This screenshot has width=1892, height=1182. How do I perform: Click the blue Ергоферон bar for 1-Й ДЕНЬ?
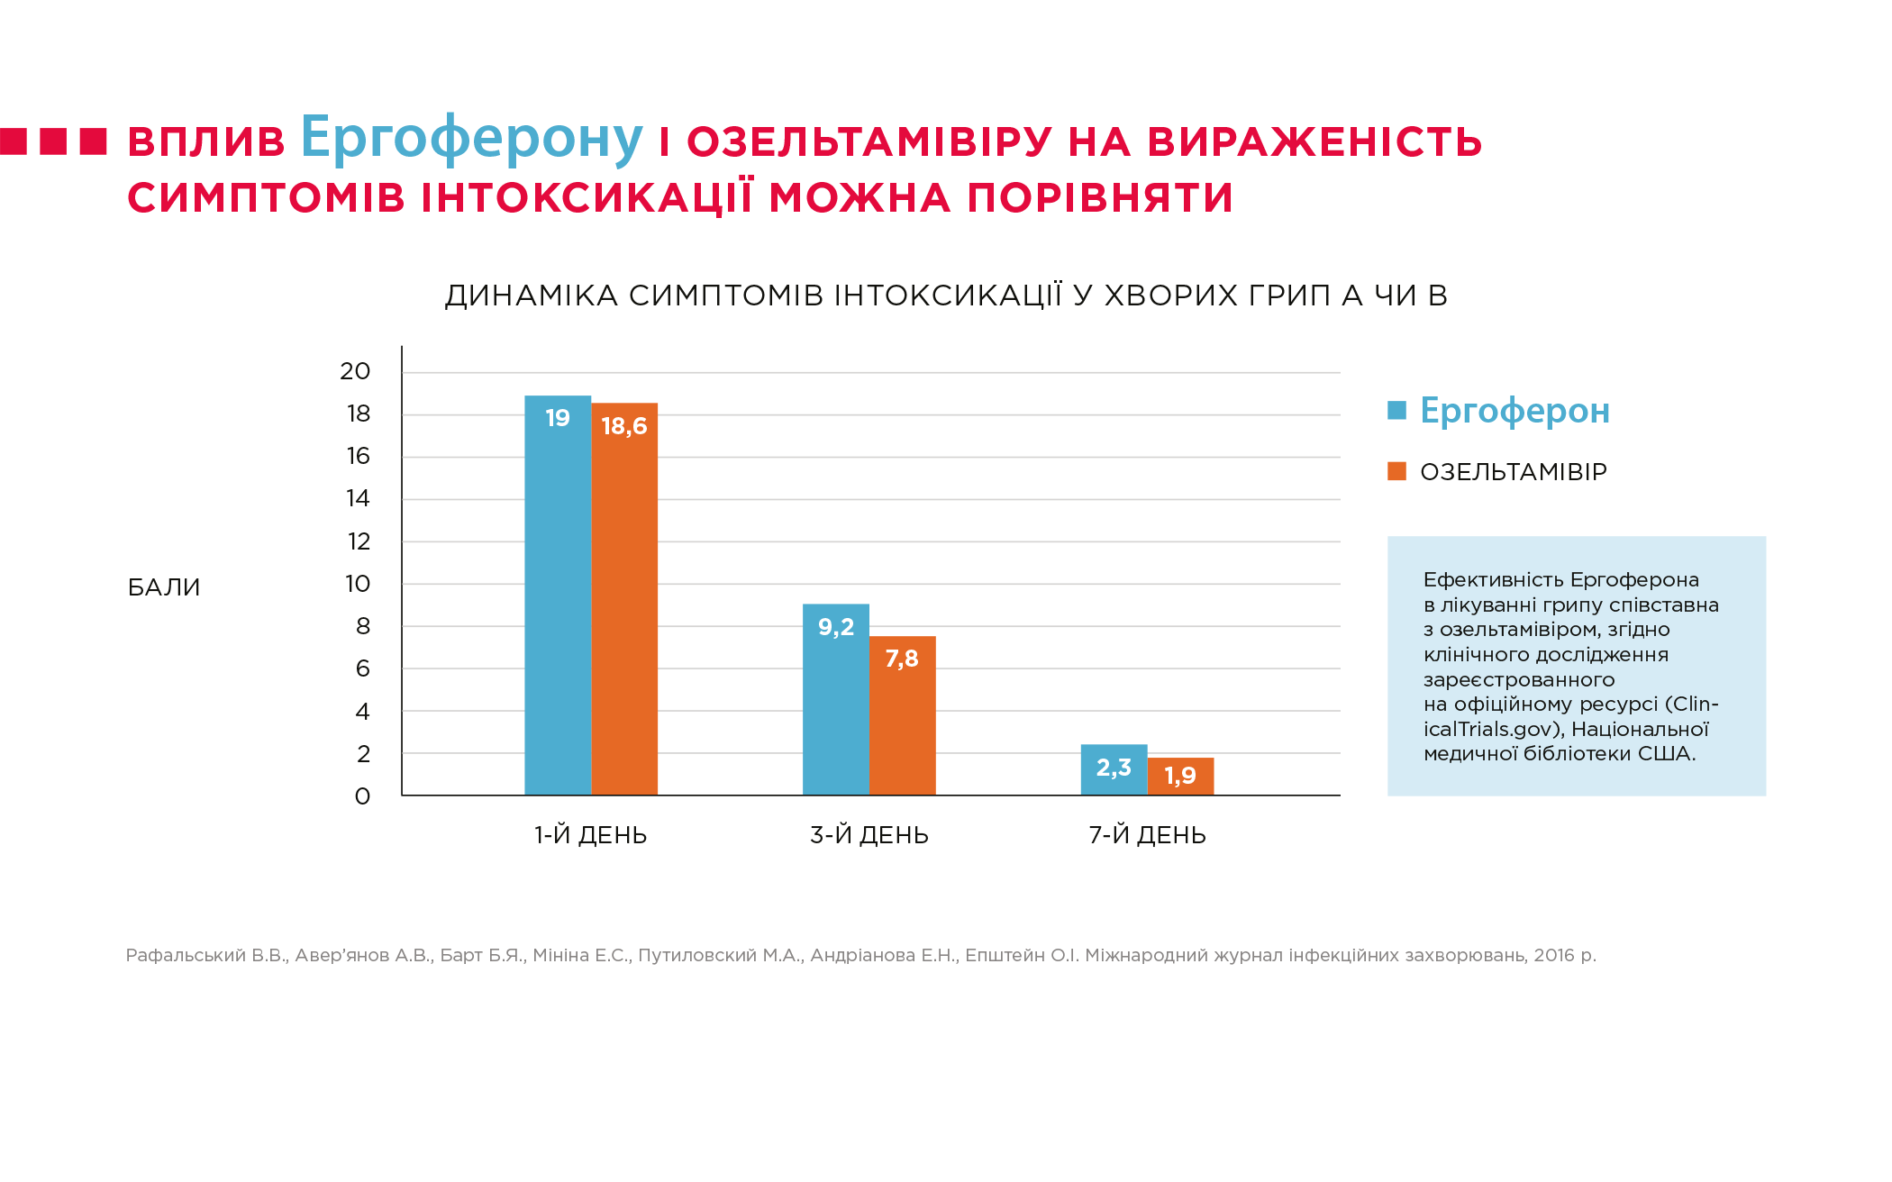558,595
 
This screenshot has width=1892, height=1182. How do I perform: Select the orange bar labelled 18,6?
624,599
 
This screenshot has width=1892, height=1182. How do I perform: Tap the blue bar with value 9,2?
836,699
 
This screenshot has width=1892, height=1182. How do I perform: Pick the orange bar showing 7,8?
903,715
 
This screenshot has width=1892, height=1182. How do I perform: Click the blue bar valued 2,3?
1114,769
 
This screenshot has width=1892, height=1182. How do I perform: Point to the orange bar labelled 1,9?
1181,777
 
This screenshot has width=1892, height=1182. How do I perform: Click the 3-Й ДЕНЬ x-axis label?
869,835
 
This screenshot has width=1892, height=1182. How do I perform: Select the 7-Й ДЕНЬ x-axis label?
1148,835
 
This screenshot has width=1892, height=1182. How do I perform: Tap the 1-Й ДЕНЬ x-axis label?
591,835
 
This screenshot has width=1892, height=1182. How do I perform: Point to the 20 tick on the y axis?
355,371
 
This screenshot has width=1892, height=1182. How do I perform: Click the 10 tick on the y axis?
358,584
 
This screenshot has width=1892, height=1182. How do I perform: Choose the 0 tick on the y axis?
362,796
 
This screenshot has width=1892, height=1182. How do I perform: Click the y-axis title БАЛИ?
164,587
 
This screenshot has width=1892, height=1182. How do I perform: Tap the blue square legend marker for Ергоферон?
1397,411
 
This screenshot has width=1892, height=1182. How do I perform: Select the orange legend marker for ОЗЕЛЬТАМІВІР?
1397,471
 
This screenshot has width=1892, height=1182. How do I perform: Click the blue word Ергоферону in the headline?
472,139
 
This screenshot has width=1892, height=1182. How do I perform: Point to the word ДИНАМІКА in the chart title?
532,295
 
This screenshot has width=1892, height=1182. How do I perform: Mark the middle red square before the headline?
53,141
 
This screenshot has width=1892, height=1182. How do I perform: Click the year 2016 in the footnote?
1554,955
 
